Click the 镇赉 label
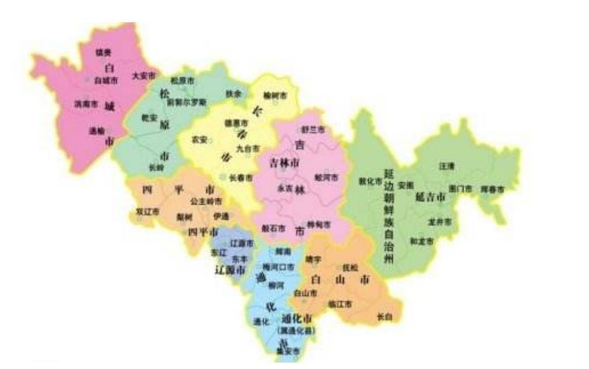103,53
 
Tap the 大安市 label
143,76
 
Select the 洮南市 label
86,104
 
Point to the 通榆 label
97,131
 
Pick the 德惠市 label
236,123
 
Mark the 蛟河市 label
326,177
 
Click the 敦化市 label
370,181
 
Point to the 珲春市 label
492,189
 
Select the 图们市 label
460,189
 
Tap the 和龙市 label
421,241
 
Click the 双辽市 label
147,212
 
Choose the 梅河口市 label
278,267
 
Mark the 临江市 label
340,304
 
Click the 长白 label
384,317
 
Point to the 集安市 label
287,351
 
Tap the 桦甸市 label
319,225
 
